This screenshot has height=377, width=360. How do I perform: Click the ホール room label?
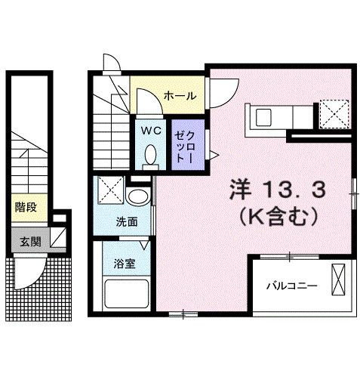(x=180, y=96)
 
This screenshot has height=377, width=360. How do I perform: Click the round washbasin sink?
(x=137, y=198)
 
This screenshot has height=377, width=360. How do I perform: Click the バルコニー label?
(x=291, y=286)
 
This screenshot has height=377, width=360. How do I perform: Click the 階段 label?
(x=24, y=205)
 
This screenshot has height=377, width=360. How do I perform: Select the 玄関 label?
(x=31, y=241)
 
